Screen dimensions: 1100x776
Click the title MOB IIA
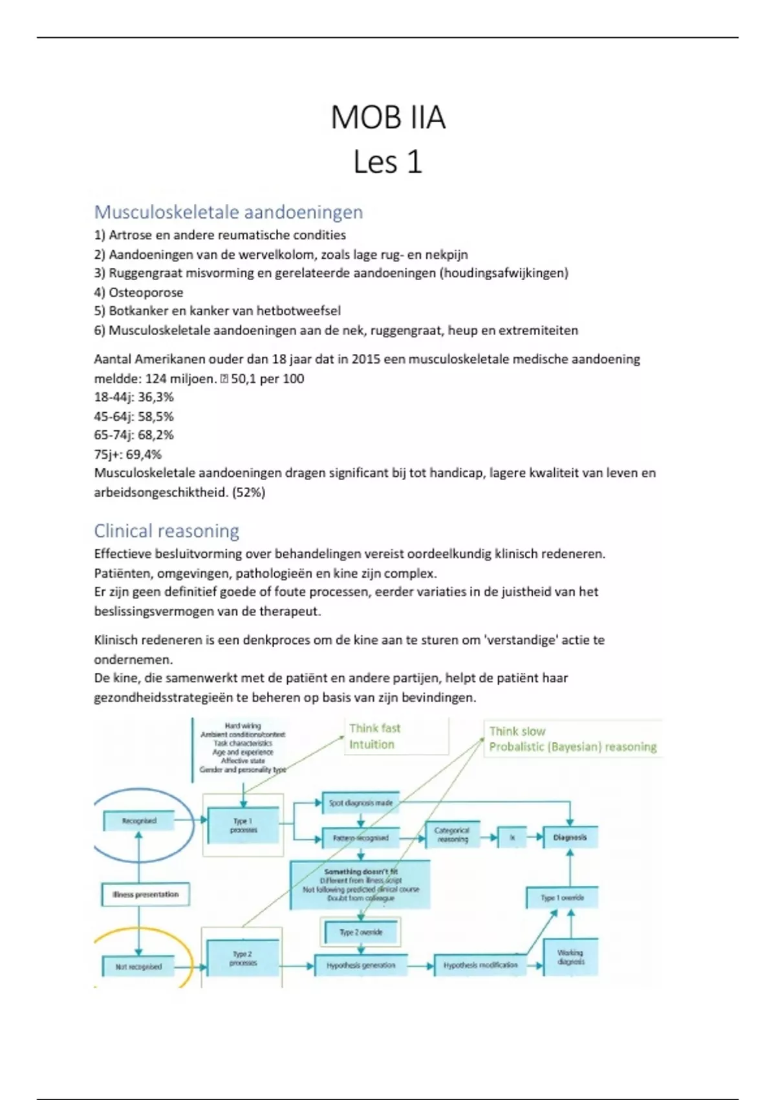coord(388,118)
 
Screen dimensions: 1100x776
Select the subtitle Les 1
coord(388,162)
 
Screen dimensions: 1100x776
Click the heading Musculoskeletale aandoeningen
coord(228,212)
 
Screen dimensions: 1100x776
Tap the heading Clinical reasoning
coord(166,531)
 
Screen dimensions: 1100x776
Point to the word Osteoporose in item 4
coord(145,292)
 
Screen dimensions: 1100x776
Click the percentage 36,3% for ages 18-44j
coord(155,397)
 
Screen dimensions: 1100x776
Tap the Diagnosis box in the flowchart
coord(570,837)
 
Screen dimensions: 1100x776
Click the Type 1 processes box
coord(243,825)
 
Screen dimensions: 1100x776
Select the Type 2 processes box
coord(243,958)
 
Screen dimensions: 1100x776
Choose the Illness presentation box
coord(145,895)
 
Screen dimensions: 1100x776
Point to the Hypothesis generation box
coord(361,965)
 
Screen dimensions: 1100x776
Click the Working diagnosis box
coord(570,957)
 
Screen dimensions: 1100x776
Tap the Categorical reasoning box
coord(451,835)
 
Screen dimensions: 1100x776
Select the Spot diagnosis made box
coord(360,803)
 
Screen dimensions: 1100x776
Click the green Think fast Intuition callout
coord(396,736)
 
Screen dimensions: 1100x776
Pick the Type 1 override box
coord(562,897)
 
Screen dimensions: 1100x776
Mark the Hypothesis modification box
coord(480,965)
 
